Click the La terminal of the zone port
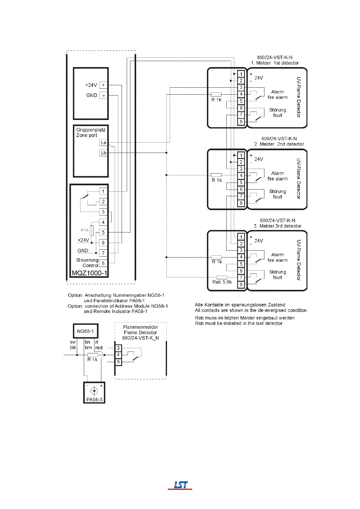[x=103, y=143]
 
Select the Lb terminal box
[x=103, y=153]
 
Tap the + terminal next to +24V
[x=103, y=85]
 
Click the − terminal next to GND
[x=103, y=96]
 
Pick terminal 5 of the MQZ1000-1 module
[x=103, y=232]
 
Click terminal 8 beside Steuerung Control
[x=103, y=263]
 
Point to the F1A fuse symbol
[x=92, y=231]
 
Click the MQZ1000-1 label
[x=89, y=273]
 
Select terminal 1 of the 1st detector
[x=241, y=74]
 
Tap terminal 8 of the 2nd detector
[x=241, y=203]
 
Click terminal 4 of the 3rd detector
[x=241, y=257]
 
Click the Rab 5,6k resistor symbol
[x=222, y=277]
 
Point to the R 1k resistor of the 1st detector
[x=216, y=94]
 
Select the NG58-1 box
[x=86, y=331]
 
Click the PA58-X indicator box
[x=94, y=393]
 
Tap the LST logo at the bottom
[x=180, y=485]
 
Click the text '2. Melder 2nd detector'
[x=279, y=144]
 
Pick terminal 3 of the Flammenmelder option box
[x=118, y=348]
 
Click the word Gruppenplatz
[x=91, y=130]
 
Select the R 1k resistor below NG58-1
[x=93, y=355]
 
